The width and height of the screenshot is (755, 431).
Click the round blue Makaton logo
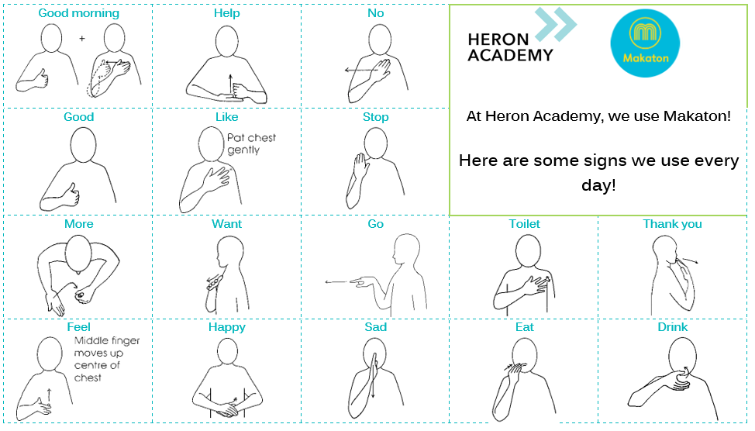coord(645,43)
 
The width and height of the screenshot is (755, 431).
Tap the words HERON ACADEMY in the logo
coord(510,47)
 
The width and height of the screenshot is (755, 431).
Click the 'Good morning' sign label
coord(78,13)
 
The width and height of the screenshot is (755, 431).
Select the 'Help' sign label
coord(227,13)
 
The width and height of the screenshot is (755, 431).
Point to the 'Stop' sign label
coord(376,117)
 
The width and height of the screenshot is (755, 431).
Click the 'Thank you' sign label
coord(672,224)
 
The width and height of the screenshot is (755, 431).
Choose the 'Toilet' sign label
coord(524,224)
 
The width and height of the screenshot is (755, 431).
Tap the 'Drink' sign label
coord(673,327)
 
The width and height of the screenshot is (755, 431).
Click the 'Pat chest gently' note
coord(251,143)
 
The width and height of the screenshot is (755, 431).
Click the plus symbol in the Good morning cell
coord(82,38)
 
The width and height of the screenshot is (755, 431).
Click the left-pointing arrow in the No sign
coord(361,71)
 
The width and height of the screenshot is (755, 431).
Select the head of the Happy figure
coord(227,350)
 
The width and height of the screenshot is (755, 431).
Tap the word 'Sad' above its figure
coord(376,327)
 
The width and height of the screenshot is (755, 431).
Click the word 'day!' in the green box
coord(598,185)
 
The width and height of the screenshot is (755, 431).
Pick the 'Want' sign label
coord(227,224)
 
